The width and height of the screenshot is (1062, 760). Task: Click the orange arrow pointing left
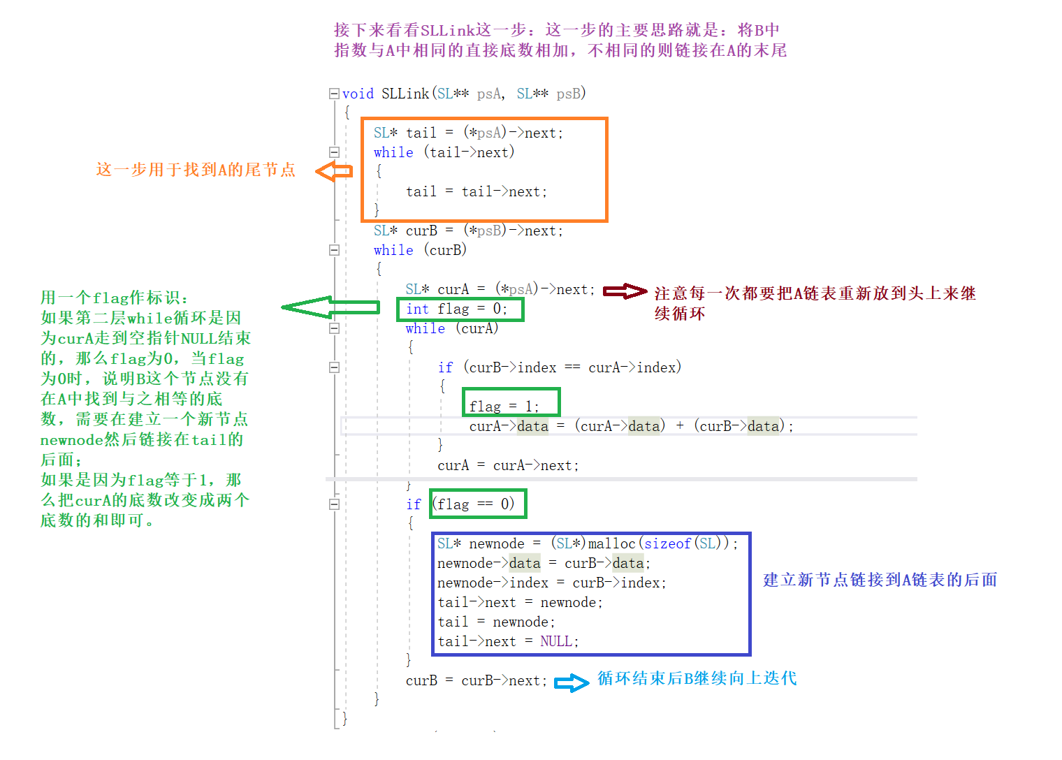333,171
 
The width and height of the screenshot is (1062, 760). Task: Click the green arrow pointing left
330,307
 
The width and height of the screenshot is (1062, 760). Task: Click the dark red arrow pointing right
625,291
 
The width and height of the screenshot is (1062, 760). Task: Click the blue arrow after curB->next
572,682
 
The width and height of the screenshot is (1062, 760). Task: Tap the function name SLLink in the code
405,94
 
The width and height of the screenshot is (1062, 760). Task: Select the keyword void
358,94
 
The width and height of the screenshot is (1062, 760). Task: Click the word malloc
612,543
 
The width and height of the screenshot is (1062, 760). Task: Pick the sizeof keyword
667,543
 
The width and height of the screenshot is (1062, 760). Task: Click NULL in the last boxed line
556,641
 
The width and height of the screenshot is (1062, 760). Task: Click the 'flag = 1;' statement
504,406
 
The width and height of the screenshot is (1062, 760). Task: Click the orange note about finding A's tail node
196,170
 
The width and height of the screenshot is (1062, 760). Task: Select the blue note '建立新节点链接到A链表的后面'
880,580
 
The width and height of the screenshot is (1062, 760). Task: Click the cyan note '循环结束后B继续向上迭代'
697,678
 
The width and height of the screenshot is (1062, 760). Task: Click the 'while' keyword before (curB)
393,250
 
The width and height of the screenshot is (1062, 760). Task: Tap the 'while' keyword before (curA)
425,328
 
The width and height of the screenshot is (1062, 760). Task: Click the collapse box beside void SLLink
334,94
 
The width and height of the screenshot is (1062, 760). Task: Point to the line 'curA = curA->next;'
508,465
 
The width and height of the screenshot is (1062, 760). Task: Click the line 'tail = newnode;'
496,622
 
